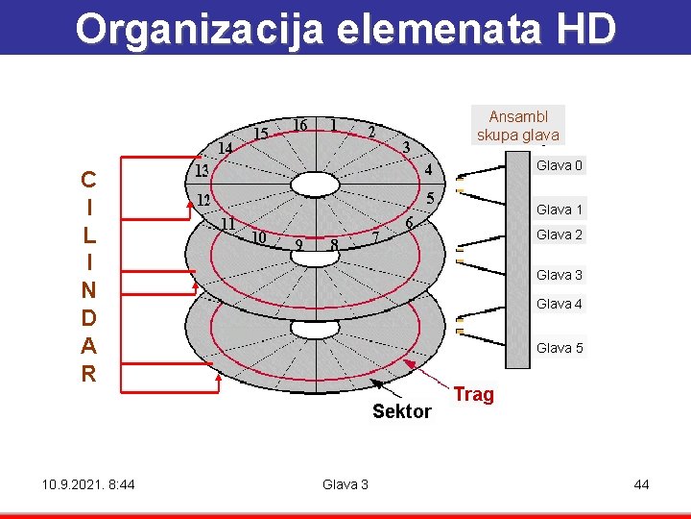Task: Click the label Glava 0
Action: click(x=560, y=166)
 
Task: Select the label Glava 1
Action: click(x=560, y=210)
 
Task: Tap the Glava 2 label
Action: click(x=560, y=235)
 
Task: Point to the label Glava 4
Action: click(x=560, y=304)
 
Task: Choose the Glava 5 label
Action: click(x=560, y=348)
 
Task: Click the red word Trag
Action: click(x=473, y=394)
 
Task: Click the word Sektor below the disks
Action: click(x=402, y=411)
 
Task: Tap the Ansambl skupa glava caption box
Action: click(x=518, y=126)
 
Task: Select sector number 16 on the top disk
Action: click(x=299, y=126)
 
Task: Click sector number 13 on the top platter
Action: click(x=203, y=171)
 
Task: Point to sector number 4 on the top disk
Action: click(x=428, y=170)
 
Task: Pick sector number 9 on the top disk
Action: click(x=301, y=244)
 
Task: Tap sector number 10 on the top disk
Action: click(x=258, y=236)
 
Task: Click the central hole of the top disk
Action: click(x=316, y=183)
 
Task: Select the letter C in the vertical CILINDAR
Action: click(x=88, y=180)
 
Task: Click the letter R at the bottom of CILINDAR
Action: click(x=88, y=374)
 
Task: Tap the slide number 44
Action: click(x=641, y=484)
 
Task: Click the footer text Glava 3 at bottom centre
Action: click(x=345, y=484)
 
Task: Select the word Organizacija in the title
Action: click(x=201, y=29)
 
